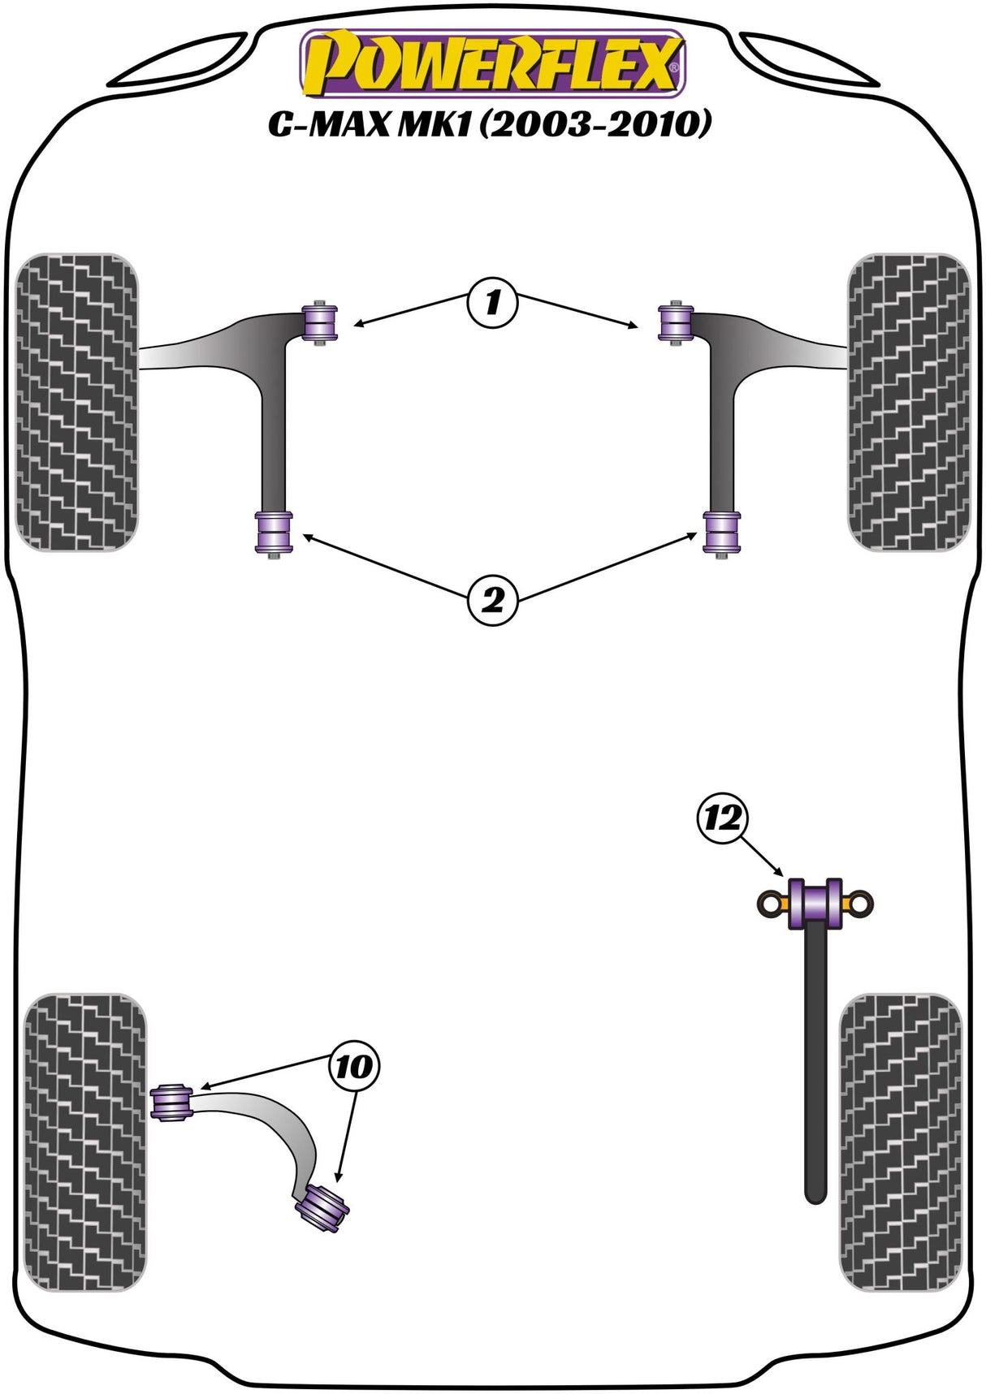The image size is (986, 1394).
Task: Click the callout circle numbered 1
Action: (492, 304)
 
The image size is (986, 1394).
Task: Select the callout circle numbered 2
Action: (492, 602)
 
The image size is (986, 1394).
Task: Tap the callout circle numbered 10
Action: (354, 1067)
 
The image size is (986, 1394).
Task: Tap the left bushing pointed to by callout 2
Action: (274, 533)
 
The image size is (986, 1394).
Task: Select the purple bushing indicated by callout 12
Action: (815, 904)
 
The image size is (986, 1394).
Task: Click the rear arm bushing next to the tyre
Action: (171, 1103)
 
